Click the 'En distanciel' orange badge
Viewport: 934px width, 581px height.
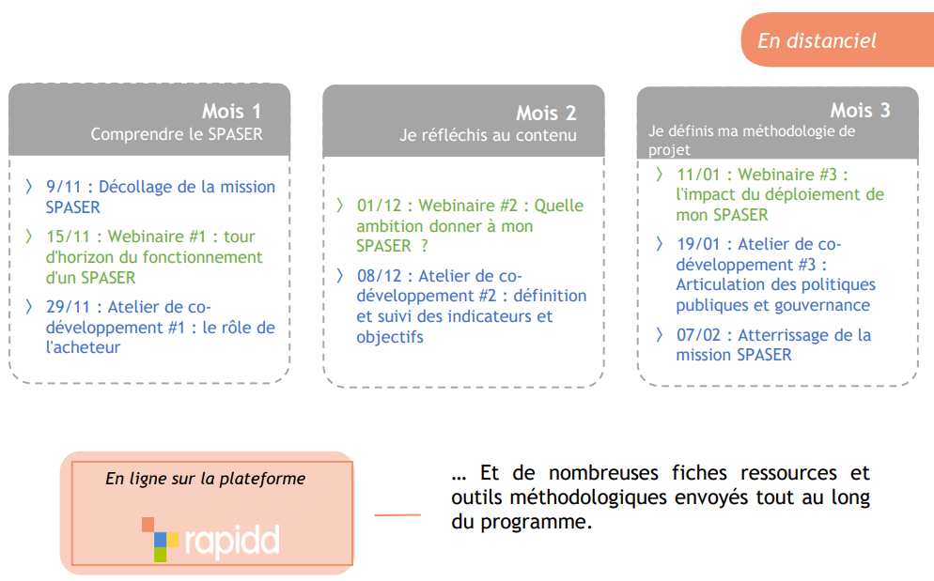[837, 39]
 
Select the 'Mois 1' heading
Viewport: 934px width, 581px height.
[231, 112]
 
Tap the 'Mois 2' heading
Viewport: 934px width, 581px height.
[546, 114]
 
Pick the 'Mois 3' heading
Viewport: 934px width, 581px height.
[860, 110]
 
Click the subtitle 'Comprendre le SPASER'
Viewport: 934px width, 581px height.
[177, 134]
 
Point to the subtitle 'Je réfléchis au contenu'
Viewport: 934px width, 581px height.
[488, 136]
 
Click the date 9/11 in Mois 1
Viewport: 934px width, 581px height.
[63, 187]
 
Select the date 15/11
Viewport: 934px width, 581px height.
[68, 237]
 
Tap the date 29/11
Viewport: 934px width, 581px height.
[68, 307]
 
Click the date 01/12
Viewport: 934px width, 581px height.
[379, 206]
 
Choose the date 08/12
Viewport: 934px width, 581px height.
[379, 276]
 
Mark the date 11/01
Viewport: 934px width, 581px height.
[698, 175]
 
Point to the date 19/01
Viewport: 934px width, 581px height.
[698, 245]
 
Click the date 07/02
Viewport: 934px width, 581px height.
[698, 335]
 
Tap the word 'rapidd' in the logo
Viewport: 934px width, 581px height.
[232, 541]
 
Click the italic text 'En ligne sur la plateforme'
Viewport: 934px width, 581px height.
[206, 479]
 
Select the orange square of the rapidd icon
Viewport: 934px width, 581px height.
[148, 525]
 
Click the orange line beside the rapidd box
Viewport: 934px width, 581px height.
[397, 515]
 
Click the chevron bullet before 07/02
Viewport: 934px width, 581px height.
[659, 334]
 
